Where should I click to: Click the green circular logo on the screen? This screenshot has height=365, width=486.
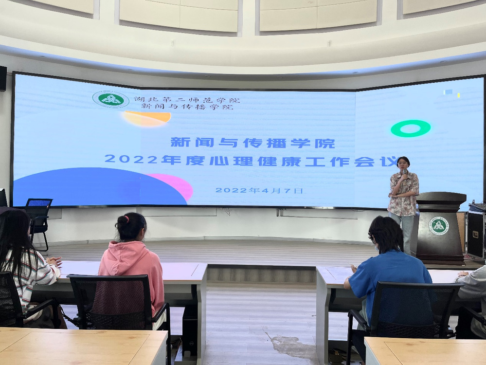coord(111,99)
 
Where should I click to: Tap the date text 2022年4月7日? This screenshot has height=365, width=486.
coord(259,190)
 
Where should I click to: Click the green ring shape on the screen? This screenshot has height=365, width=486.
coord(411,128)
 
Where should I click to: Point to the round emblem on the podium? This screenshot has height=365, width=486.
coord(439,226)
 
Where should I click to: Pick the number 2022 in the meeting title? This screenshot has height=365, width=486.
coord(131,159)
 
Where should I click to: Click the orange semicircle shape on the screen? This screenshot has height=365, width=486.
coord(147,118)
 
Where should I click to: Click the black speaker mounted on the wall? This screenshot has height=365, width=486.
coord(3,79)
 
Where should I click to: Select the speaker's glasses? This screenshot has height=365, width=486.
coord(402,164)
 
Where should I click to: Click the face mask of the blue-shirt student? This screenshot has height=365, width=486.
coord(377,247)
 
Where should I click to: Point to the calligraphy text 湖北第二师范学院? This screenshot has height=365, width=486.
coord(187,100)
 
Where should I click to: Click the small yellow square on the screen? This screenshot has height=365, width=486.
coord(458,95)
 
